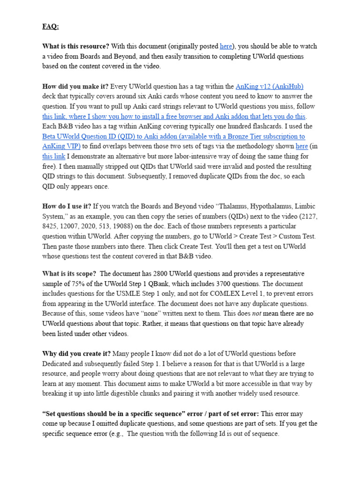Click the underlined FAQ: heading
(51, 27)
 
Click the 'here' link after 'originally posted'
(226, 46)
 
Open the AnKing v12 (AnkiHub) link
(270, 86)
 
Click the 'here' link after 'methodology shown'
(302, 146)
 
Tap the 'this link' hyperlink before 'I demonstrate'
(53, 157)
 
